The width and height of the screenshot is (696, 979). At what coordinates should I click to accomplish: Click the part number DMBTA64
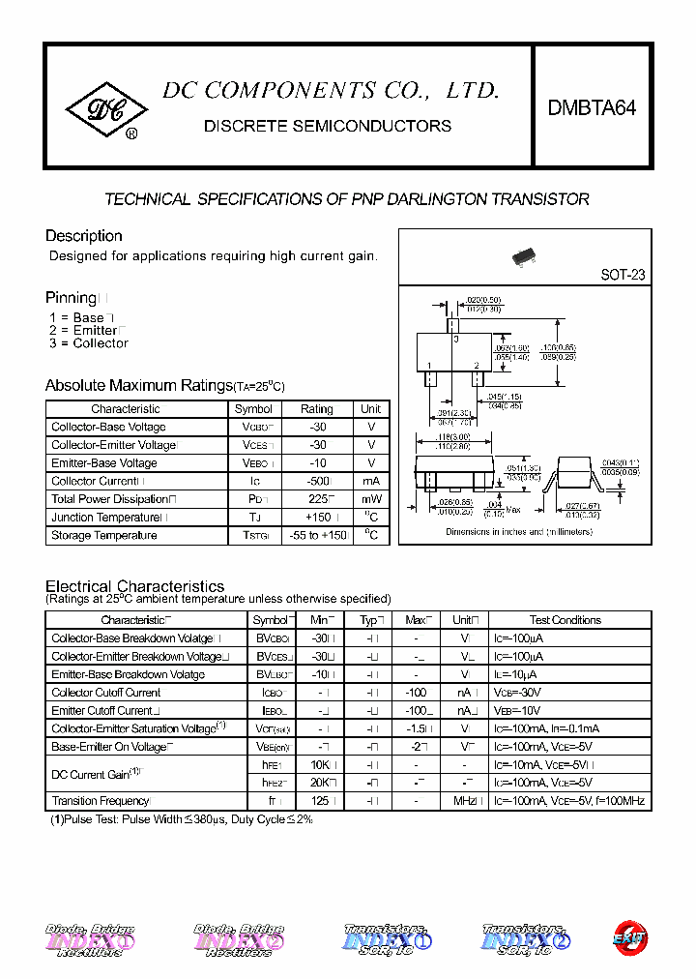(592, 109)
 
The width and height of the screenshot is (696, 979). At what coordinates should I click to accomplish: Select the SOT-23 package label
(623, 275)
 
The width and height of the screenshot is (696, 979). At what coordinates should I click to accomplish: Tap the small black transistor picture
(524, 256)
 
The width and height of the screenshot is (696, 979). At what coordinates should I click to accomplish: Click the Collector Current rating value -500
(316, 481)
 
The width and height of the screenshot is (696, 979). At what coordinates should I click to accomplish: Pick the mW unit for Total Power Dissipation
(371, 499)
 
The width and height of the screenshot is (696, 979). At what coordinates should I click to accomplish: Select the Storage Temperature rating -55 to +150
(316, 535)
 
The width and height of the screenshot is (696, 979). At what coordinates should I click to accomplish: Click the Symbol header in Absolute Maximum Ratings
(253, 409)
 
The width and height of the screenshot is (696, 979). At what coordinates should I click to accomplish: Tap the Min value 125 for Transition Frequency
(321, 801)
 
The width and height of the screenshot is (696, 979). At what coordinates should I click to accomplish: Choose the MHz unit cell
(465, 801)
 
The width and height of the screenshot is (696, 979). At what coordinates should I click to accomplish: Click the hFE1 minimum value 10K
(321, 764)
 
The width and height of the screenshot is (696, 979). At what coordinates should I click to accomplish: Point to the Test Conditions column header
(565, 620)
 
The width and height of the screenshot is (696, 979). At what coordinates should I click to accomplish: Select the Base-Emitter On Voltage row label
(109, 747)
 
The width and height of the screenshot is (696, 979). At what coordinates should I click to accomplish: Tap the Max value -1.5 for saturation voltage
(416, 728)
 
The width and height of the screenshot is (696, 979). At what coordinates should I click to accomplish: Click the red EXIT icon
(630, 936)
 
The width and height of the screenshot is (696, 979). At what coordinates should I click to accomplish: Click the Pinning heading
(71, 298)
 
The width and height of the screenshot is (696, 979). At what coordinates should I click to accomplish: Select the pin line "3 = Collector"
(88, 343)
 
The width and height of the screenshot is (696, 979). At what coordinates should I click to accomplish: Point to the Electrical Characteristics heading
(134, 586)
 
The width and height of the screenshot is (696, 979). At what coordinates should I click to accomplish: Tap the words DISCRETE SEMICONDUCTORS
(328, 126)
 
